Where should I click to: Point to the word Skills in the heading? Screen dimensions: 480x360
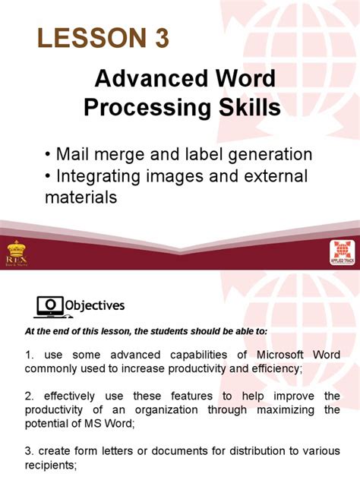point(245,108)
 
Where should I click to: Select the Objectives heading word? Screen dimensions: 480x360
point(95,305)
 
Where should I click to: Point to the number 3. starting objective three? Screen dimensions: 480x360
point(30,453)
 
